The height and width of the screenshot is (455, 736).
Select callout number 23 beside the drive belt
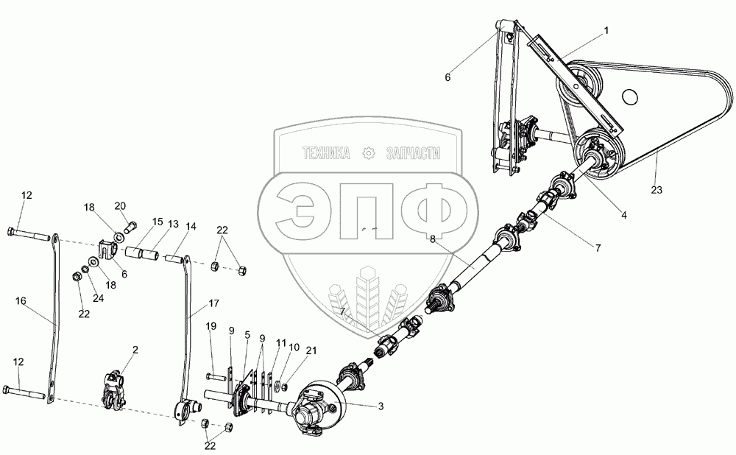[x=657, y=190]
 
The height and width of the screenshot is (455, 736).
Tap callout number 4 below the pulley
[x=623, y=215]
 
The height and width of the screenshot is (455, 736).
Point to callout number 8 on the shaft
[x=432, y=238]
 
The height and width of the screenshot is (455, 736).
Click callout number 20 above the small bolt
[x=120, y=205]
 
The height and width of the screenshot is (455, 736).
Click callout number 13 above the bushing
[x=174, y=223]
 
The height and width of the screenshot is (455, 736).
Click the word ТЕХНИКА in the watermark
[x=328, y=153]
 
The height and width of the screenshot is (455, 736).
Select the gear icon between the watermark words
[x=369, y=153]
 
